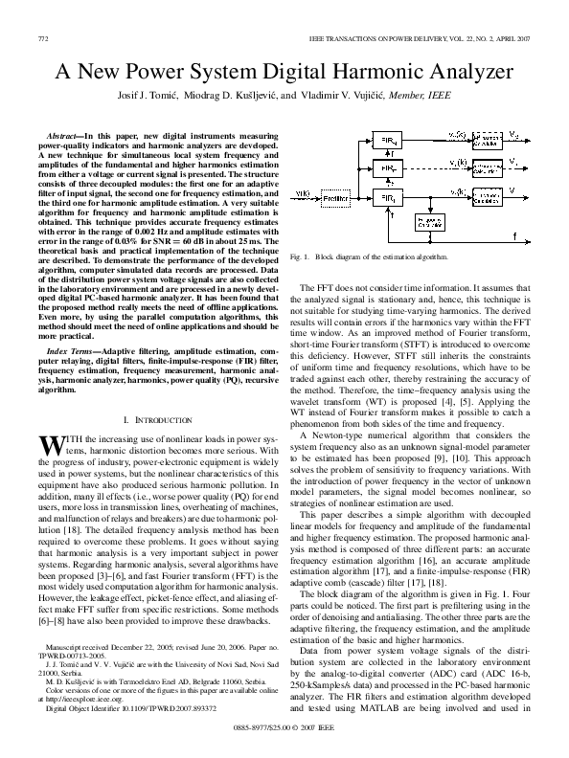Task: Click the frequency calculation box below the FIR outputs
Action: [x=429, y=222]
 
